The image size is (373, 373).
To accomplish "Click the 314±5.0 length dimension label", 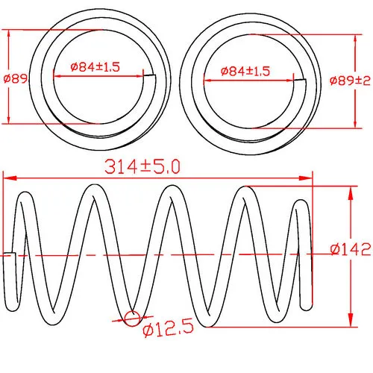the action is coord(142,166).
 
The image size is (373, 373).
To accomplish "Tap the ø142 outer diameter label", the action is coord(351,249).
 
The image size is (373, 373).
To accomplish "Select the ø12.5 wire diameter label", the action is coord(169,328).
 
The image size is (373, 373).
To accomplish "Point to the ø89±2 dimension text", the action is coord(350,81).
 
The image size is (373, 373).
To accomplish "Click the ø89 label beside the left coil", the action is coord(16,79).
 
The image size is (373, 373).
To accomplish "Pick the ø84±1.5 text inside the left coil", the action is coord(95,67).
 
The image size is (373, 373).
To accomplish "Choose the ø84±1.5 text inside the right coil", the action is coord(245,71).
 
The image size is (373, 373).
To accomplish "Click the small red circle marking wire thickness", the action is coord(132,318).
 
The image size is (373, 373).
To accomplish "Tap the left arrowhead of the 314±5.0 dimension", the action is coord(10,178).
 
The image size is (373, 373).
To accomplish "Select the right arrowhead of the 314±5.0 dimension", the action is coord(305,178).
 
